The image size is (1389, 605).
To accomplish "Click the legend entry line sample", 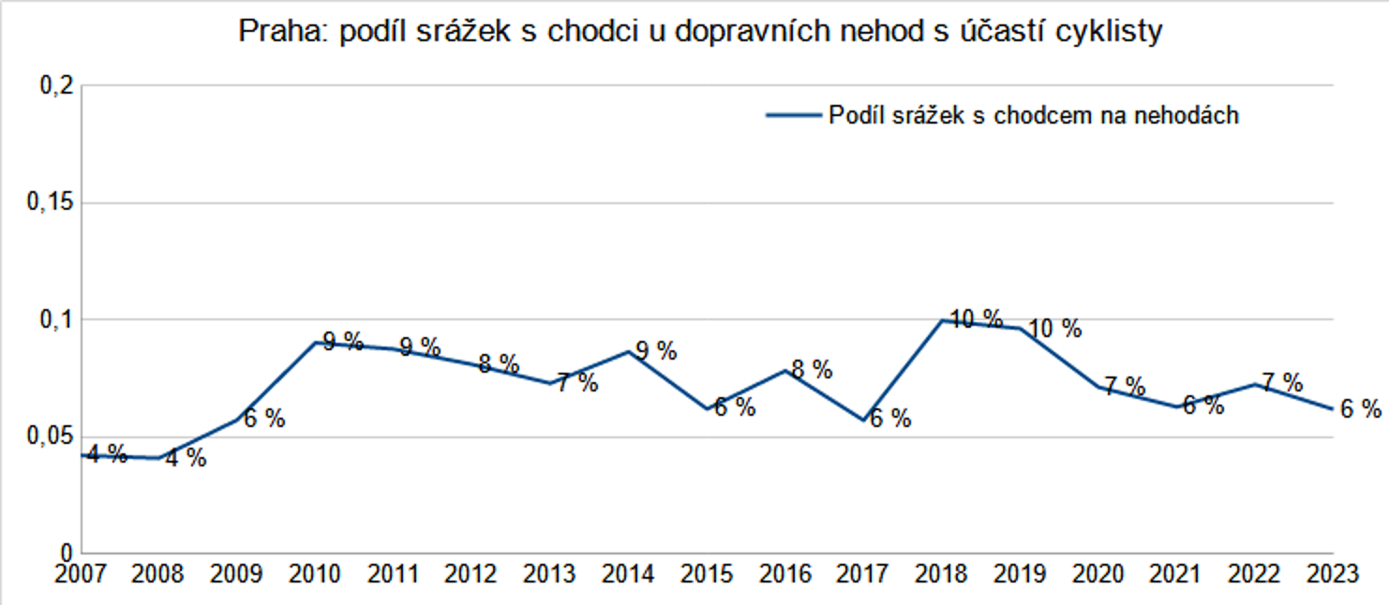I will coord(793,115).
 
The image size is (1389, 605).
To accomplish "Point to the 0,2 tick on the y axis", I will coord(55,86).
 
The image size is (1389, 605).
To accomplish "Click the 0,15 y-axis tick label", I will coord(50,203).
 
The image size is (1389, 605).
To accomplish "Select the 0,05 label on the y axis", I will coord(50,437).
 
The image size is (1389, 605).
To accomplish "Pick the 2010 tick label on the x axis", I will coord(316,573).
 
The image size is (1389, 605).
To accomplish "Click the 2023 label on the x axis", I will coord(1332,573).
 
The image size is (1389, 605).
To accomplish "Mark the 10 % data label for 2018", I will coord(976,318).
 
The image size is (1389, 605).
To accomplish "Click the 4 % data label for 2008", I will coord(185,459).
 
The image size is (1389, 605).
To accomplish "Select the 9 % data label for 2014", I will coord(655,351).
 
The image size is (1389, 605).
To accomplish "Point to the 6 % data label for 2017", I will coord(889,419).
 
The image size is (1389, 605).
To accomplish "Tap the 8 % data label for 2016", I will coord(811,369).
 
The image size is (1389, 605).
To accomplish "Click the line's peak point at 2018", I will coord(941,320).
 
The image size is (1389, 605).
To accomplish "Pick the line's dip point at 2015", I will coord(707,409).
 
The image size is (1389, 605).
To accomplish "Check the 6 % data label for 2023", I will coord(1360,408).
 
